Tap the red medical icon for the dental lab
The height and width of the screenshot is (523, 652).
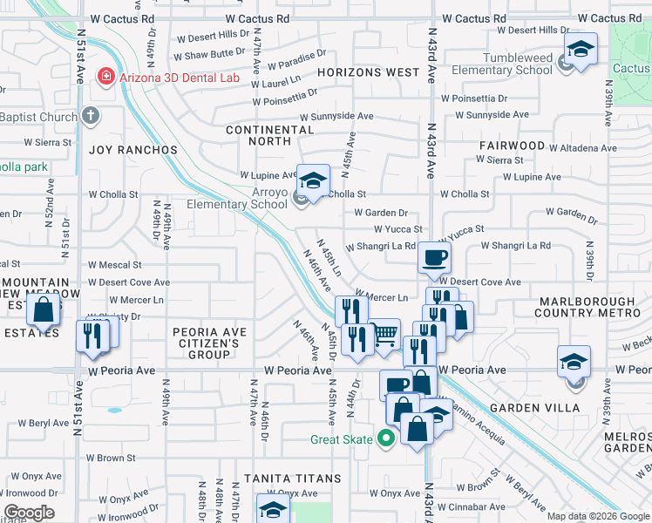click(106, 77)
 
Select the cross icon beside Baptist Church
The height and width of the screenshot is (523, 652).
click(92, 116)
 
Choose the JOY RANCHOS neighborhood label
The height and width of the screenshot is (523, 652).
click(133, 150)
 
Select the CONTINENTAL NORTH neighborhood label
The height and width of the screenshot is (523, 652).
click(269, 135)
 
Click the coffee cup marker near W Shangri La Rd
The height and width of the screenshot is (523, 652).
click(434, 257)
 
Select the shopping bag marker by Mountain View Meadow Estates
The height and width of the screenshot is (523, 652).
click(43, 309)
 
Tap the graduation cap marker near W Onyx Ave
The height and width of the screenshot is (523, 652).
click(272, 508)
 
